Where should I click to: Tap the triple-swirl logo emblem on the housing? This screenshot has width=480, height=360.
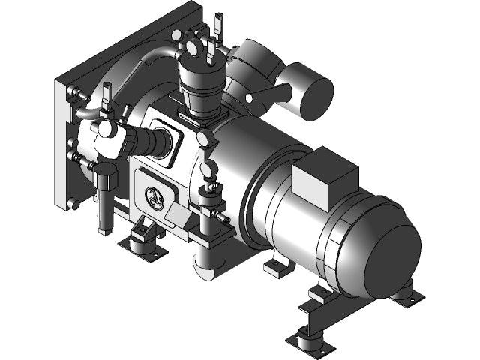click(x=154, y=197)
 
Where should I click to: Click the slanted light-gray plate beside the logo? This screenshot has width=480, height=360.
click(x=178, y=218)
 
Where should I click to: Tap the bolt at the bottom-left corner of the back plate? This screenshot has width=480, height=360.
click(x=74, y=205)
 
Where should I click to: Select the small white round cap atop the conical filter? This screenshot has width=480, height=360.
click(x=193, y=46)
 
